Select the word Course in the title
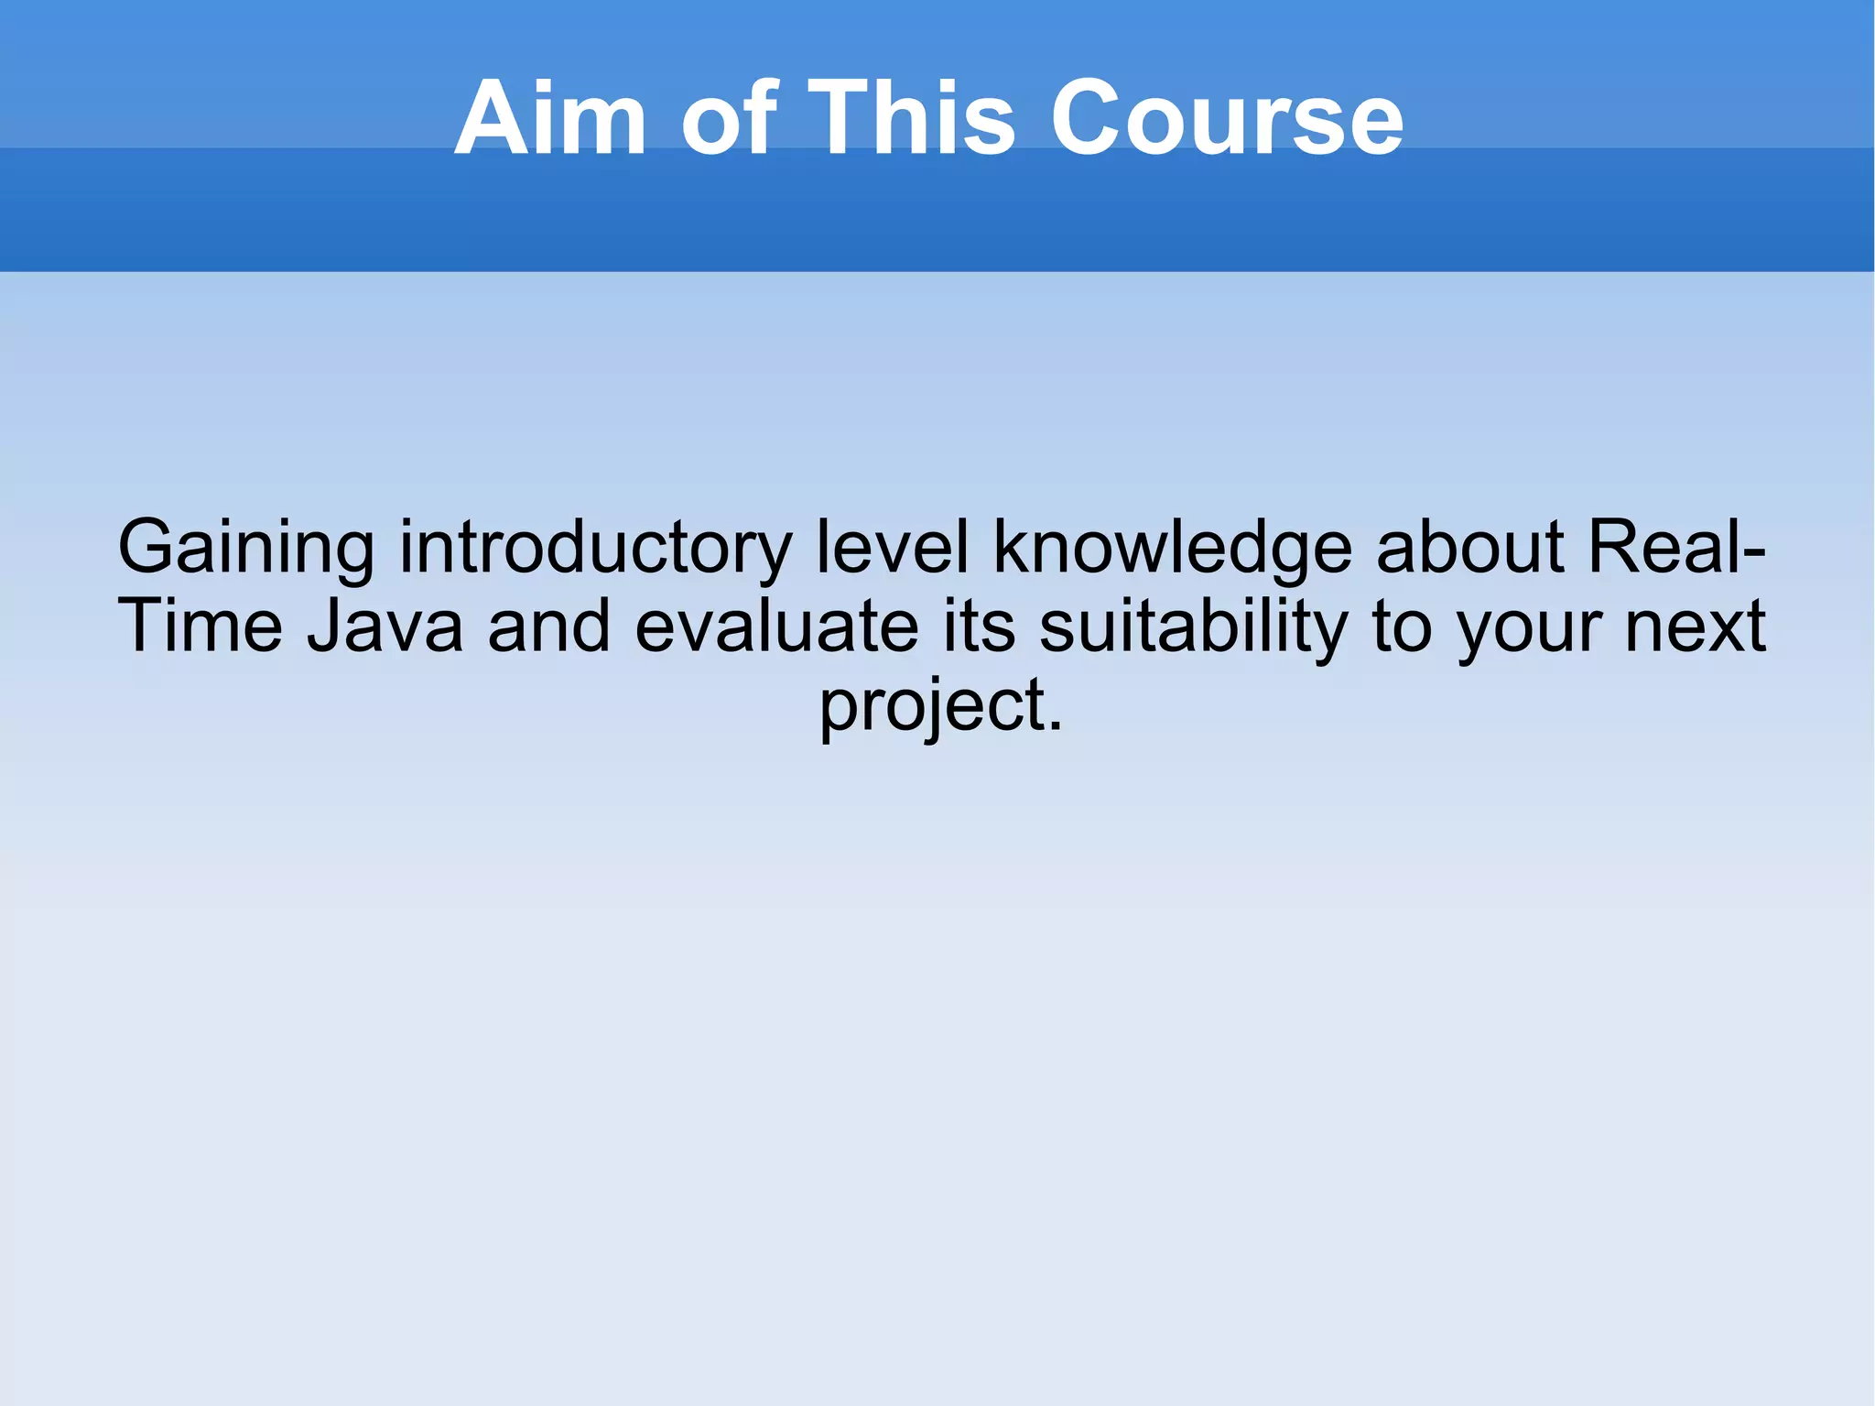1227,118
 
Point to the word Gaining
245,548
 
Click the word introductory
595,548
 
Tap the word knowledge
1173,548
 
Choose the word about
1470,548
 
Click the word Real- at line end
1674,548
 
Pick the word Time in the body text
201,627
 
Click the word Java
385,627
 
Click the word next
1695,627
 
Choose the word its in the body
980,627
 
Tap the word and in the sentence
549,627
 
